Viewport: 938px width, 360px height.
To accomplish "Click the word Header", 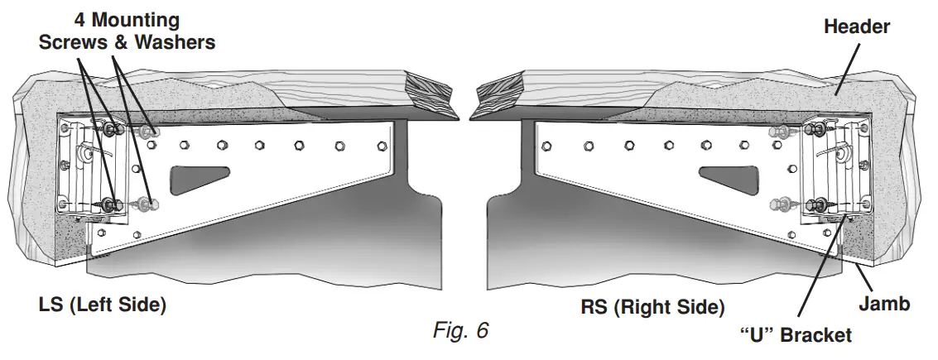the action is (x=857, y=26).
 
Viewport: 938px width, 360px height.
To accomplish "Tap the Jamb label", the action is (x=883, y=304).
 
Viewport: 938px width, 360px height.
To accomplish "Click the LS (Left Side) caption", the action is (x=103, y=305).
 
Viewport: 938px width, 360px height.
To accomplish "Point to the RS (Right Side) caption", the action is (x=653, y=308).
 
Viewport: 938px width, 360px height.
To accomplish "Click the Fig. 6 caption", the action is (x=460, y=331).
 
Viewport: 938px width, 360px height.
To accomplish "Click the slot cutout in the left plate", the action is (x=200, y=176).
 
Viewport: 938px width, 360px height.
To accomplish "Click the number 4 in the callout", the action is (x=80, y=19).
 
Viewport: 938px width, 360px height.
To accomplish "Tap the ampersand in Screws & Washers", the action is (x=121, y=42).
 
